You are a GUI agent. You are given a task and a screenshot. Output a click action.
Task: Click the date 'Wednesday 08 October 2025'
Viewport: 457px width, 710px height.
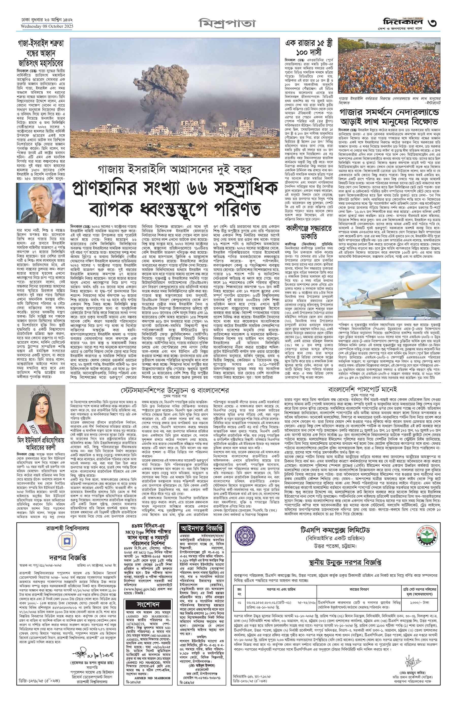(47, 26)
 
